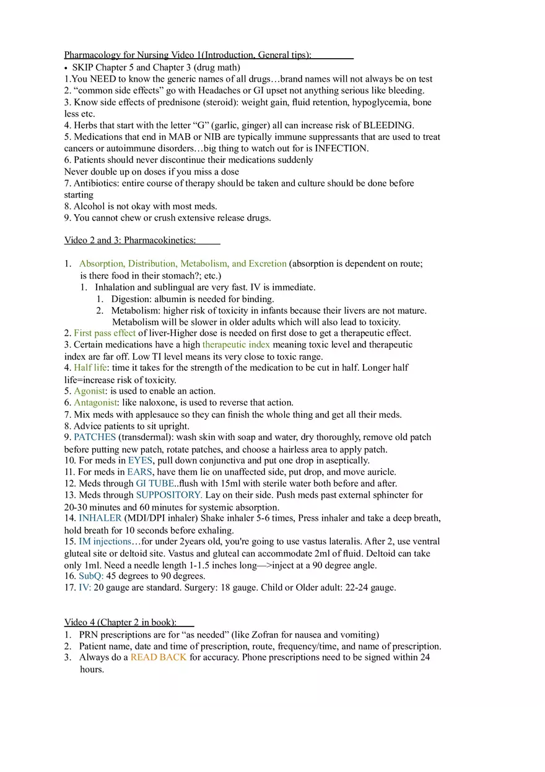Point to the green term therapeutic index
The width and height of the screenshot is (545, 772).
pos(236,344)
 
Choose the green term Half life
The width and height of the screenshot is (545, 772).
pos(90,368)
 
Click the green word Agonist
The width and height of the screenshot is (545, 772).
pos(90,391)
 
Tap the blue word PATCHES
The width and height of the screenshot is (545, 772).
pos(95,437)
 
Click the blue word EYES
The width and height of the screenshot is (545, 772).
pos(140,461)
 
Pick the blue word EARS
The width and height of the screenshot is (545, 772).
pos(139,472)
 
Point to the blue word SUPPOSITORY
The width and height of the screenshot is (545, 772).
pos(168,495)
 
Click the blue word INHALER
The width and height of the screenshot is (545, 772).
pos(100,518)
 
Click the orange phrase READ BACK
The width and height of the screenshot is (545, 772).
pos(159,657)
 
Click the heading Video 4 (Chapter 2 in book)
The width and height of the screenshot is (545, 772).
pos(121,622)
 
